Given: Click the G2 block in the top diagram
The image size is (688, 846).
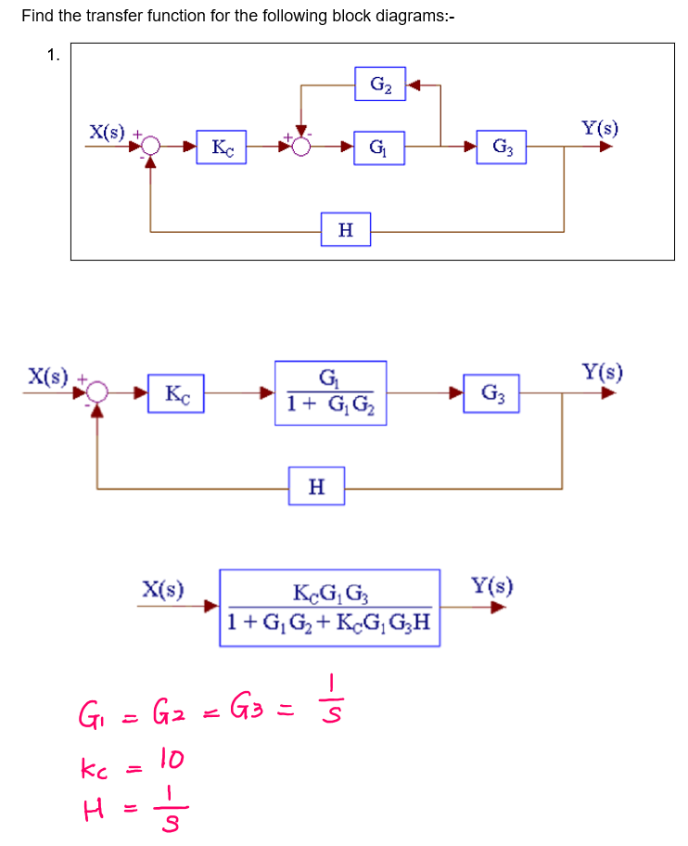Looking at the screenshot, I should coord(380,85).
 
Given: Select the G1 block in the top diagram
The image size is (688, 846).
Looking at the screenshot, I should coord(380,147).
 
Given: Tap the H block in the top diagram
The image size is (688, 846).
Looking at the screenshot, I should coord(345,229).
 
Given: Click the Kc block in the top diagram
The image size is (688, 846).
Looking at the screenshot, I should coord(222,147).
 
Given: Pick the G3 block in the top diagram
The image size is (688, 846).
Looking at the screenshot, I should coord(502,147).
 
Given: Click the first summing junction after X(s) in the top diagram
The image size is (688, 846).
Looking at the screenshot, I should coord(151,147).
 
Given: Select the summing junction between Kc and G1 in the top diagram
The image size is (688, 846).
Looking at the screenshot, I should coord(300,147).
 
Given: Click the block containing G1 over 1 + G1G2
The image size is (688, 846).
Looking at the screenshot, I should coord(329,392).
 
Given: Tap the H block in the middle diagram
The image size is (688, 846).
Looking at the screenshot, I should coord(316,486).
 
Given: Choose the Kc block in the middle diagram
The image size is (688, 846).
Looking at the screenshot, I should coord(176,393).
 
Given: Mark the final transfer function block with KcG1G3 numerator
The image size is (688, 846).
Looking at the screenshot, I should coord(329,608).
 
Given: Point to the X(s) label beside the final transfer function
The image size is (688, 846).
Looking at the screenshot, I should coord(163,587).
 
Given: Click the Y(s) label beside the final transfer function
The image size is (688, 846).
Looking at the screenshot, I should coord(491,586).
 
